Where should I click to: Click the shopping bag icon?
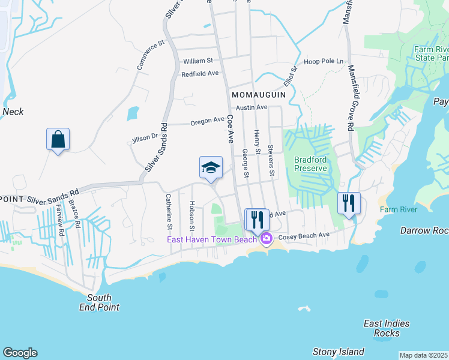tap(58, 139)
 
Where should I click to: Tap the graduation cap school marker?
tap(211, 168)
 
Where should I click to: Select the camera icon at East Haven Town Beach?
tap(266, 239)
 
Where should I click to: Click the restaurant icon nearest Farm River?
tap(349, 203)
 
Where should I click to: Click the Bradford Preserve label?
tap(310, 164)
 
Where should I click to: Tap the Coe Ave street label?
tap(229, 129)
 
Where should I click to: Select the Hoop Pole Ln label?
tap(324, 61)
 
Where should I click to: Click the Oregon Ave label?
tap(207, 121)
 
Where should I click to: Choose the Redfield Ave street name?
tap(200, 73)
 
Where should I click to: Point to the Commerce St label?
tap(150, 55)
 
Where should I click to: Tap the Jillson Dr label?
tap(145, 139)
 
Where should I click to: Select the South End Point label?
tap(99, 302)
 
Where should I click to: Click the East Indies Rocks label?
tap(387, 328)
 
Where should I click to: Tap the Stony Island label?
tap(338, 352)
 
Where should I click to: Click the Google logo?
tap(20, 353)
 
